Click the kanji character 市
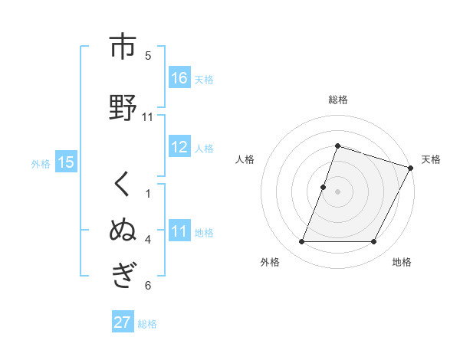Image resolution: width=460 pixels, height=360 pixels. point(123,47)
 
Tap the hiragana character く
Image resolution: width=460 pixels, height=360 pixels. point(123,186)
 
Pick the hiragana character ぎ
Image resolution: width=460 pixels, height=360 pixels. point(123,274)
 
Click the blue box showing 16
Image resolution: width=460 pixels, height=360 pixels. point(179,78)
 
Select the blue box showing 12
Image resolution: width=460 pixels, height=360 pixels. point(179,148)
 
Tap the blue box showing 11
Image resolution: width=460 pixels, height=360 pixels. point(179,232)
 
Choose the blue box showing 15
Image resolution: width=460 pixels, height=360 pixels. point(66,162)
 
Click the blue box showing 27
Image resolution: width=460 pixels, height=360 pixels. point(123,322)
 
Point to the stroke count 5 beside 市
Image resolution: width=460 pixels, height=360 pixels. point(148,55)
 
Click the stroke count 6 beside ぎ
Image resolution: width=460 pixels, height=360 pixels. point(148,286)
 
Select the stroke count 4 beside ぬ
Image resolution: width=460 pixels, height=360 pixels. point(148,240)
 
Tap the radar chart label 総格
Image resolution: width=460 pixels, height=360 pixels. point(337,100)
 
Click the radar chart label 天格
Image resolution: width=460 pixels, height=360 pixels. point(431,159)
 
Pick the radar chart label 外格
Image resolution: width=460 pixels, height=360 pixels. point(270,262)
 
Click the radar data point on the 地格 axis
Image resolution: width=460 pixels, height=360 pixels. point(374,242)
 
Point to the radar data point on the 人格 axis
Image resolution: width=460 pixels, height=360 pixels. point(324,187)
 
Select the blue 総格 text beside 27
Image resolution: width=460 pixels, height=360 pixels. point(147,323)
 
